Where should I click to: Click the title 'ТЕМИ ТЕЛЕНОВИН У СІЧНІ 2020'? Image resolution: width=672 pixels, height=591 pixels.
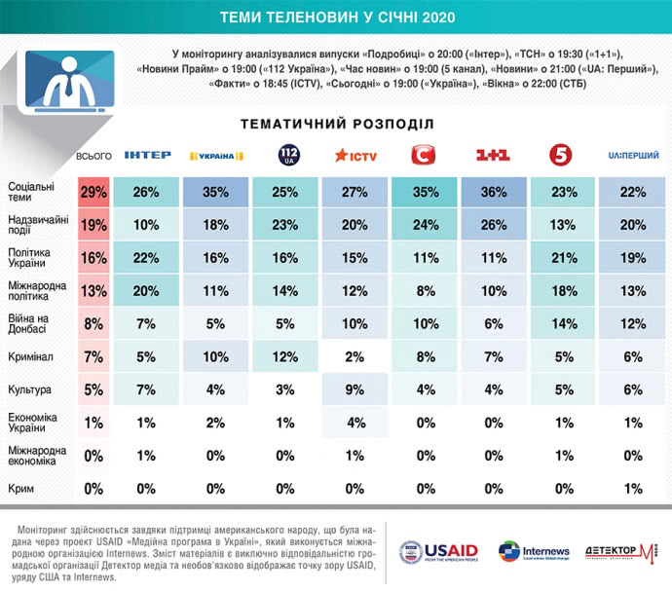coord(336,17)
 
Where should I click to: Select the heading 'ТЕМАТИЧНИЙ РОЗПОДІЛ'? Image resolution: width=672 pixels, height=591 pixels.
coord(336,124)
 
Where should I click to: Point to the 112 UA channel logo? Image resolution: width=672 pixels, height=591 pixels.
coord(288,154)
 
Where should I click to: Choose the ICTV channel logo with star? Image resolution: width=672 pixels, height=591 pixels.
coord(356,155)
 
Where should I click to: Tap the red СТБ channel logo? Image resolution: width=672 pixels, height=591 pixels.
coord(426,154)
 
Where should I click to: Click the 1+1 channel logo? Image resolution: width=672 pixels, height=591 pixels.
coord(494,155)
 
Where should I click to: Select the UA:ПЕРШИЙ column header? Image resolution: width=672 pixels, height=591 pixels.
coord(633,155)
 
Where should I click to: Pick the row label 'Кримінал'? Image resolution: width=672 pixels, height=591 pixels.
coord(32,357)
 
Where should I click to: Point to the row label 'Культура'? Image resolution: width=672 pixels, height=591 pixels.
coord(30,391)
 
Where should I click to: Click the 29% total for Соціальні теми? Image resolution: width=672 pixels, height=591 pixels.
coord(93,193)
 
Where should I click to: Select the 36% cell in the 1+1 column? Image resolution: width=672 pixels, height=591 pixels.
coord(495,193)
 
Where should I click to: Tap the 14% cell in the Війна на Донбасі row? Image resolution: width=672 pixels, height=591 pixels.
coord(564,324)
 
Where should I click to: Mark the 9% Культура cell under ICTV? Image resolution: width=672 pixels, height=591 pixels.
coord(356,391)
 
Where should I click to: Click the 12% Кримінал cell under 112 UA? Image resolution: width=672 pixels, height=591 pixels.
coord(288,357)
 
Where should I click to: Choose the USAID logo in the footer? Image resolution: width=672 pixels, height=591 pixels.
coord(439,552)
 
